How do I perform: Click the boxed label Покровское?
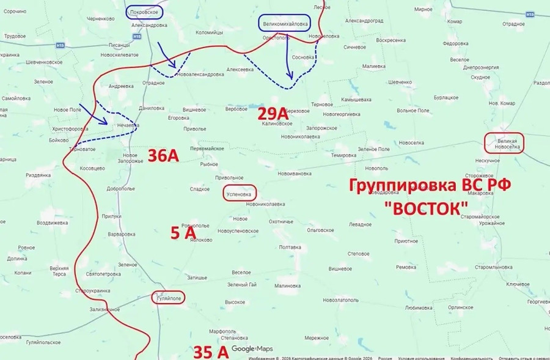[x=145, y=12]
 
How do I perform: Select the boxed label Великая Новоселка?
[x=504, y=143]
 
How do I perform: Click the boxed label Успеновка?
[x=239, y=193]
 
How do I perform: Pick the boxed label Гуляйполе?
[x=167, y=298]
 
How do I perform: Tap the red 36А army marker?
[x=163, y=156]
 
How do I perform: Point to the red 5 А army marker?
[x=183, y=232]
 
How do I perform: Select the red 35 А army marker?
[x=210, y=351]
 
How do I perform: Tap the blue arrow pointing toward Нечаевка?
[x=94, y=114]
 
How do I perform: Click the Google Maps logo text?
[x=252, y=349]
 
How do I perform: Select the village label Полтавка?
[x=290, y=247]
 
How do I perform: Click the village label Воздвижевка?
[x=51, y=223]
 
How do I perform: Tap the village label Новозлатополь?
[x=340, y=299]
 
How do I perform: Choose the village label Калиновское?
[x=277, y=123]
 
